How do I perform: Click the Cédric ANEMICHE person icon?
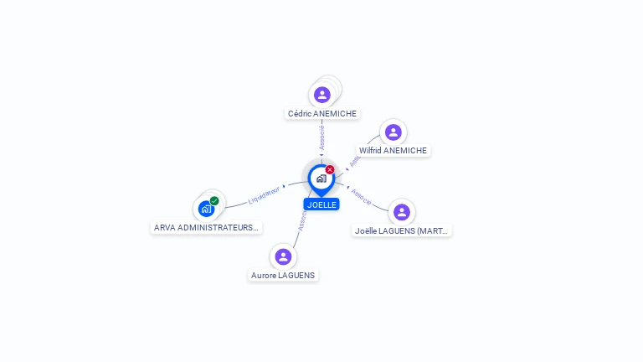pos(321,95)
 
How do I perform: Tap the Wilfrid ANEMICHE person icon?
pos(393,132)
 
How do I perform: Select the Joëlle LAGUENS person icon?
pos(402,212)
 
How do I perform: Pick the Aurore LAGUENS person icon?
pos(283,256)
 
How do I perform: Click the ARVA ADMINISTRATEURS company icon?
pos(206,209)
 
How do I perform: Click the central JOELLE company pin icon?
pos(321,178)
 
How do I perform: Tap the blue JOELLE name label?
pos(321,204)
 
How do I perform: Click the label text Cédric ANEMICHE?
pos(322,114)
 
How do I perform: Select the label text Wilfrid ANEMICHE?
pos(393,151)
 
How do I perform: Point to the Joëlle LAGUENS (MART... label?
pos(402,230)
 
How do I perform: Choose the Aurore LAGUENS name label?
pos(284,275)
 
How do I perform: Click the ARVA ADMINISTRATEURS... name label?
pos(207,227)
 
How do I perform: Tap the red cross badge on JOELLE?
pos(330,169)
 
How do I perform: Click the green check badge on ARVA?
pos(214,200)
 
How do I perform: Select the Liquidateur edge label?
pos(264,195)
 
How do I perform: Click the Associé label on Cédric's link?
pos(322,137)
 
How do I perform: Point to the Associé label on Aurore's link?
pos(302,220)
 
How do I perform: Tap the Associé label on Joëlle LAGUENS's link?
pos(362,197)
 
